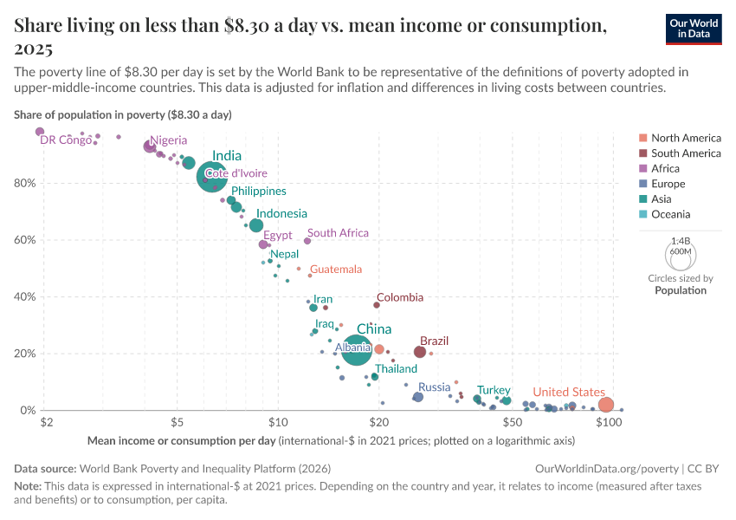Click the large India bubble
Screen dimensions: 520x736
tap(211, 176)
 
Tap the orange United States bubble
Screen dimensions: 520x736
tap(606, 405)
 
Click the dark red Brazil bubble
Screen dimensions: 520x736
tap(420, 352)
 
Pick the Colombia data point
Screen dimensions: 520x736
tap(377, 304)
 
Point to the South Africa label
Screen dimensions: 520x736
tap(338, 233)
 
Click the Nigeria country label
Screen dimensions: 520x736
tap(168, 140)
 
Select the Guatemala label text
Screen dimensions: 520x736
tap(336, 270)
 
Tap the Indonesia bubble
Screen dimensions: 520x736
tap(256, 225)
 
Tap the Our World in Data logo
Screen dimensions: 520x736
tap(695, 28)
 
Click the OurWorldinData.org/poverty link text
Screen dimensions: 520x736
tap(595, 468)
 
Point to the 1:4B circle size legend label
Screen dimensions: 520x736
tap(681, 240)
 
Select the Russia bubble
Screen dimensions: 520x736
tap(418, 397)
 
